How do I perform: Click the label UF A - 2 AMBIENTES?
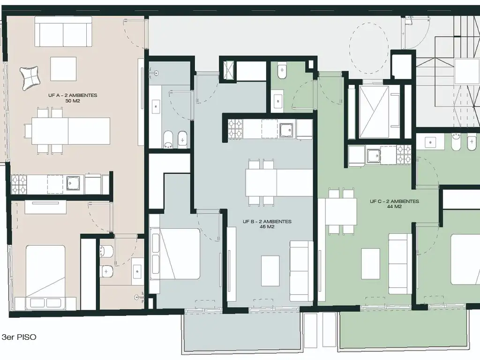coord(73,95)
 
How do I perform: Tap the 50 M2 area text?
coord(73,101)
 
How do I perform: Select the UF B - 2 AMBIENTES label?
coord(267,221)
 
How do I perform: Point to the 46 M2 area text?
coord(267,227)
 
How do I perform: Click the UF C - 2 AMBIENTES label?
coord(394,201)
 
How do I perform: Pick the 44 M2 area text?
coord(394,207)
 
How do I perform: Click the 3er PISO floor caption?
coord(19,337)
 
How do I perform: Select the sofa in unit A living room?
coord(63,31)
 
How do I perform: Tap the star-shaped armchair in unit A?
coord(30,78)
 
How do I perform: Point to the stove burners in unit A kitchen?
coord(19,185)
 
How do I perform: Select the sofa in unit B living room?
coord(301,270)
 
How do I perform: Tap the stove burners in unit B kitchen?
coord(236,128)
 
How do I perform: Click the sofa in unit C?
coord(400,264)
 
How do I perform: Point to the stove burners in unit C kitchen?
coord(404,154)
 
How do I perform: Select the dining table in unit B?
coord(279,183)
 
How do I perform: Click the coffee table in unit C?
coord(370,263)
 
